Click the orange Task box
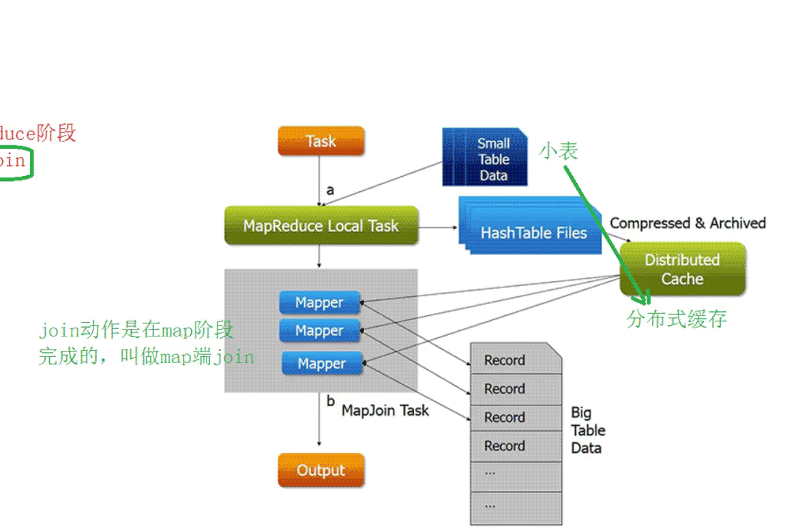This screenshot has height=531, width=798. tap(321, 141)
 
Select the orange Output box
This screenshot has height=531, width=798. tap(321, 470)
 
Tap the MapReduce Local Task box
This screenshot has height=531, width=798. tap(321, 226)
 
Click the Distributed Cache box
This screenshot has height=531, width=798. tap(682, 269)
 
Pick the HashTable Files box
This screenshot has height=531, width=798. tap(533, 233)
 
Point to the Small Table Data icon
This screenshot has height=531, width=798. tap(486, 159)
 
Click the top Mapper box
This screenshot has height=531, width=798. tap(319, 302)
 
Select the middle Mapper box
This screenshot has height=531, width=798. tap(319, 331)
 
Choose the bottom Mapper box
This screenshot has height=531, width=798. tap(322, 364)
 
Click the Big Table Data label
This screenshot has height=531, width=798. tap(587, 430)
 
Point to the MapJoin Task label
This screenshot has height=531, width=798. tap(385, 410)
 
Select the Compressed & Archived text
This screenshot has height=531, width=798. tap(688, 223)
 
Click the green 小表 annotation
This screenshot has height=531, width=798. tap(559, 151)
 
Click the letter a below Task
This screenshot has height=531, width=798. tap(330, 190)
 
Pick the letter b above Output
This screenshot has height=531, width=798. tap(331, 401)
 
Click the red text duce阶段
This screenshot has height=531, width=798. tap(38, 132)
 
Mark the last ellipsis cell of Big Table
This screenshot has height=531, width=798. tap(515, 506)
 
